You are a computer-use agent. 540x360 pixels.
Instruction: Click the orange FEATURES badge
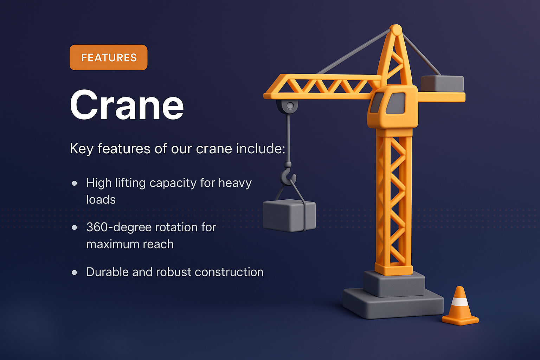(109, 57)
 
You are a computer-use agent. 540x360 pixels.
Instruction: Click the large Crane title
(127, 105)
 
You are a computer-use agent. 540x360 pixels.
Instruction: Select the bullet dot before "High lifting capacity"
(74, 183)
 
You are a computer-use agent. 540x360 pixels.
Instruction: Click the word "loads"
(101, 200)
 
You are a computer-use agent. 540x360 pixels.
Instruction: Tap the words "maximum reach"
(130, 244)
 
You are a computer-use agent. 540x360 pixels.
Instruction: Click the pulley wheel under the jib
(290, 105)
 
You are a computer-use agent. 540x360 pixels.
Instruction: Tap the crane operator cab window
(396, 103)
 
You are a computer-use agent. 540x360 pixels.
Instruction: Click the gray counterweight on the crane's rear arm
(442, 84)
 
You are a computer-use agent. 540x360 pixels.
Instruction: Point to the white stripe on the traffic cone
(460, 302)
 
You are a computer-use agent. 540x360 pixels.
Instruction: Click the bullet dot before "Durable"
(74, 272)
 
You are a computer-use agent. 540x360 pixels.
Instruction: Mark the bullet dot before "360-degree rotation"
(74, 227)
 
